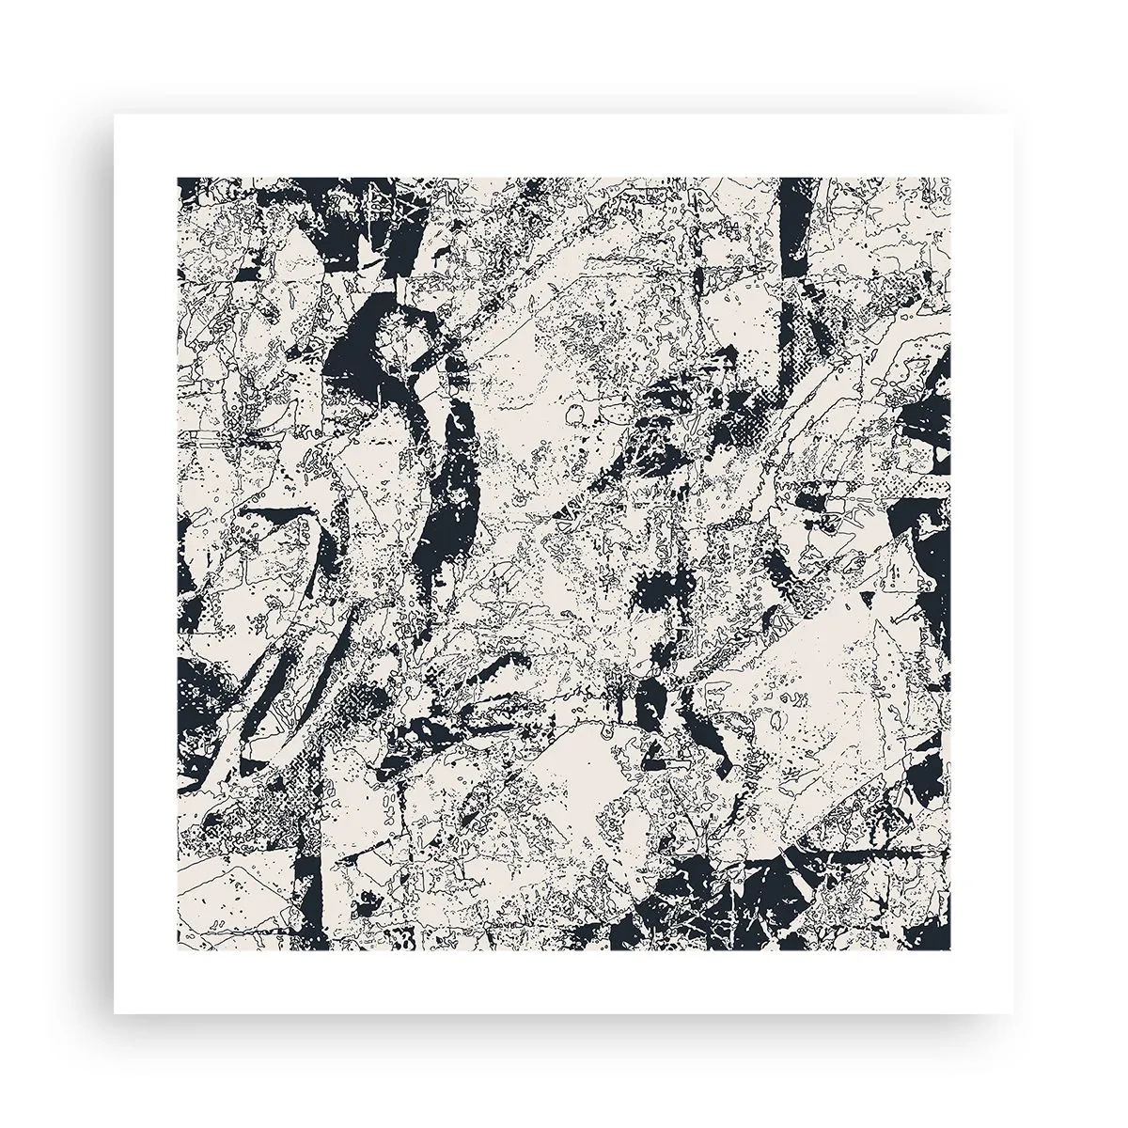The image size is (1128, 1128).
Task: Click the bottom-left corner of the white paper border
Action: [116, 1012]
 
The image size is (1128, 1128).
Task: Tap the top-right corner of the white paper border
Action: [1012, 116]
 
